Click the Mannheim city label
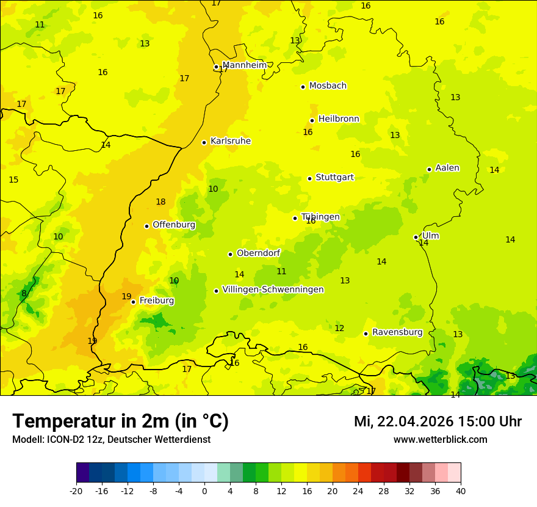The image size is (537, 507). pos(244,65)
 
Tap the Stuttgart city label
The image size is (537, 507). pos(334,177)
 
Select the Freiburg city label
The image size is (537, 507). pos(156,301)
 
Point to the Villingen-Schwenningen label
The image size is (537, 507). pos(273,290)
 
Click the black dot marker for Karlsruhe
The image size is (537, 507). pos(204,142)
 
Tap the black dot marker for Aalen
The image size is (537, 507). pos(429,169)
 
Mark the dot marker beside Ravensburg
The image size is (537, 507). pos(366,334)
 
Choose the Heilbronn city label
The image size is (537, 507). pos(339,119)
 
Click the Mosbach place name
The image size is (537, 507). pos(328,86)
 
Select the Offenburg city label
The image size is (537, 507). pos(174,224)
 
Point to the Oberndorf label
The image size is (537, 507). pos(258,253)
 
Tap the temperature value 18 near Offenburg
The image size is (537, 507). pos(160,202)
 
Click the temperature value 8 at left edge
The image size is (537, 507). pos(24,293)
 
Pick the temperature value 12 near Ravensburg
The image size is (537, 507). pos(339,328)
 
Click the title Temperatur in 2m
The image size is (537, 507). pos(120,421)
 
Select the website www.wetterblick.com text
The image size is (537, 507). pos(440,439)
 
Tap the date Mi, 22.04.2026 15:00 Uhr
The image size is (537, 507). pos(438,421)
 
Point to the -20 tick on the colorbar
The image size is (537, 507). pos(76,491)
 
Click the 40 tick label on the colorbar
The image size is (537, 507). pos(460,491)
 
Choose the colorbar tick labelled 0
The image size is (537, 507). pos(204,491)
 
